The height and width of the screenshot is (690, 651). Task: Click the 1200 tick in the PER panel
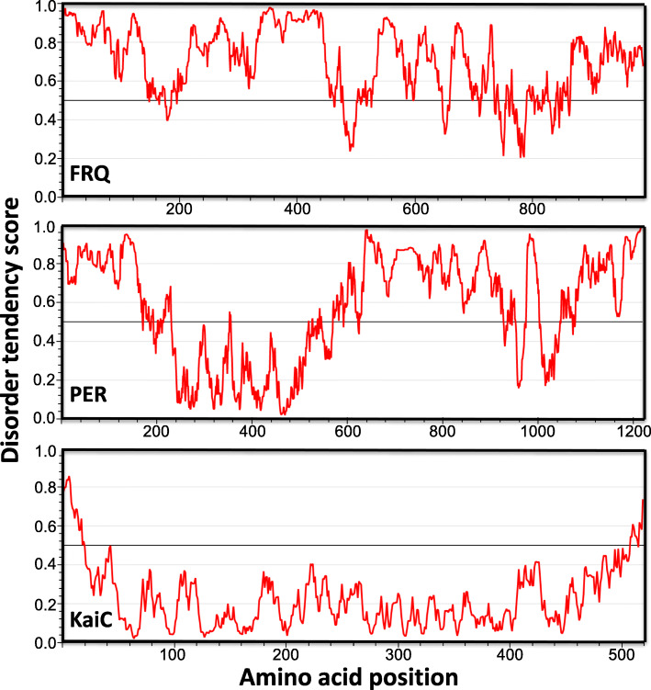[x=633, y=432]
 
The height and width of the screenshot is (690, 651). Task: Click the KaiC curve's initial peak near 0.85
[x=68, y=477]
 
